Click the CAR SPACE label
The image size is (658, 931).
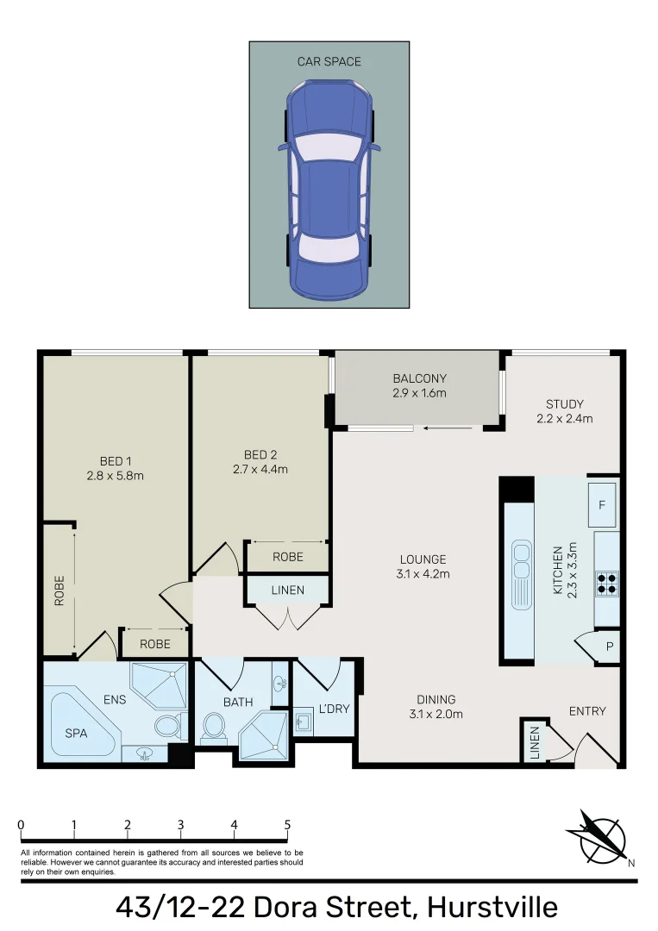(329, 61)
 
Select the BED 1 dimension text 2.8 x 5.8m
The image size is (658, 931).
(115, 475)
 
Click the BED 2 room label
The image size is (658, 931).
(260, 454)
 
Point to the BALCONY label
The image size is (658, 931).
(419, 378)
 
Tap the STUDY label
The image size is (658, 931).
(564, 403)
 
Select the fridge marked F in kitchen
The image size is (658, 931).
(601, 505)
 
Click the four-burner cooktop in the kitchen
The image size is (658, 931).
(607, 584)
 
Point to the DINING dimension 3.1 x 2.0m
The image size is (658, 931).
(436, 714)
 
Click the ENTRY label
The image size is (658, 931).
(587, 711)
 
